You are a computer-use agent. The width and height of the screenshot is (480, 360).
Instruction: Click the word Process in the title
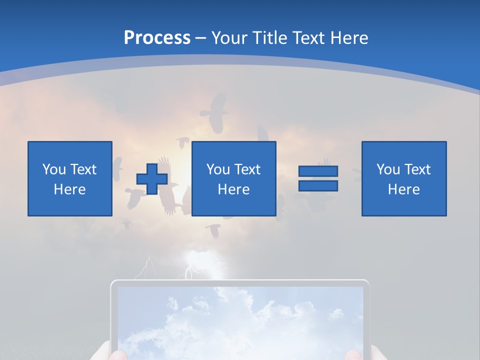tap(157, 38)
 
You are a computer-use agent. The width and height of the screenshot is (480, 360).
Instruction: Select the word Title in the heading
tap(269, 38)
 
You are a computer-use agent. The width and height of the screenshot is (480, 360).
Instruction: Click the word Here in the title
tap(348, 38)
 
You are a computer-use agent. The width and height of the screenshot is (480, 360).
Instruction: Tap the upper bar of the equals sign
tap(318, 171)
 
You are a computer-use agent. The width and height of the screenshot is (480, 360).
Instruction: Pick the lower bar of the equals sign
tap(318, 185)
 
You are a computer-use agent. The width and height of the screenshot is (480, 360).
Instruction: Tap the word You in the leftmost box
tap(54, 169)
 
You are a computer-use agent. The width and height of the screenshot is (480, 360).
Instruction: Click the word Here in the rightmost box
tap(404, 189)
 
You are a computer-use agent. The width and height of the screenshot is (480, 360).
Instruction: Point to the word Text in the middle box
tap(247, 169)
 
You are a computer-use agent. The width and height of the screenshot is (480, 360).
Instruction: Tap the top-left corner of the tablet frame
tap(113, 283)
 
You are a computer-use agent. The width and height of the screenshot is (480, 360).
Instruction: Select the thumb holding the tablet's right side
tap(354, 354)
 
